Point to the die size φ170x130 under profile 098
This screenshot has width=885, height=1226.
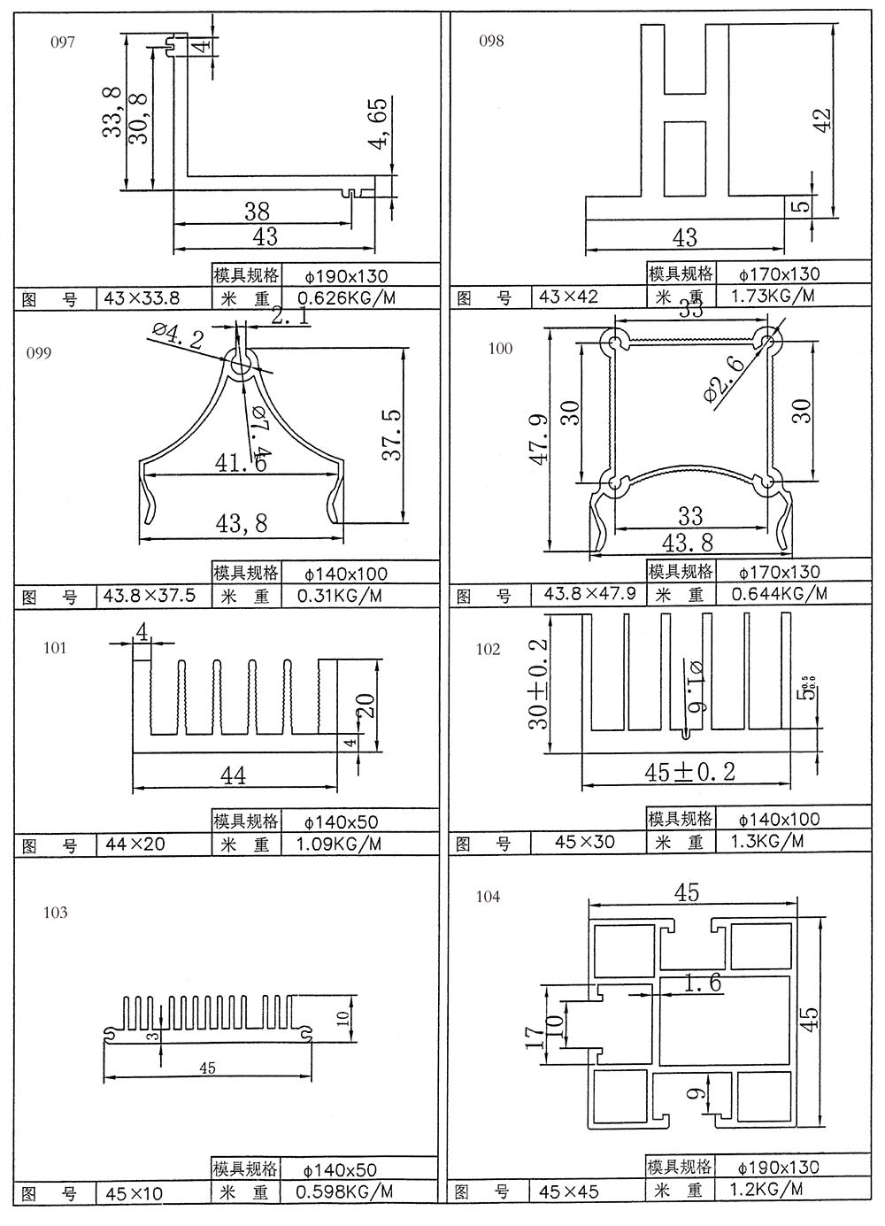(779, 274)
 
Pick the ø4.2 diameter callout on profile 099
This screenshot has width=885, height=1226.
(177, 336)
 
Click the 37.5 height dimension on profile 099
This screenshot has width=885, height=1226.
(391, 434)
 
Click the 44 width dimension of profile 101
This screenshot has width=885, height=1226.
(233, 776)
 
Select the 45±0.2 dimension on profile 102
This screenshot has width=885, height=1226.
(690, 772)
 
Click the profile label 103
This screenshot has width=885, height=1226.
(55, 913)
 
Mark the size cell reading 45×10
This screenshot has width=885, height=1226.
(134, 1193)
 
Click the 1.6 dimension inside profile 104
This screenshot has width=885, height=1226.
(703, 983)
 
